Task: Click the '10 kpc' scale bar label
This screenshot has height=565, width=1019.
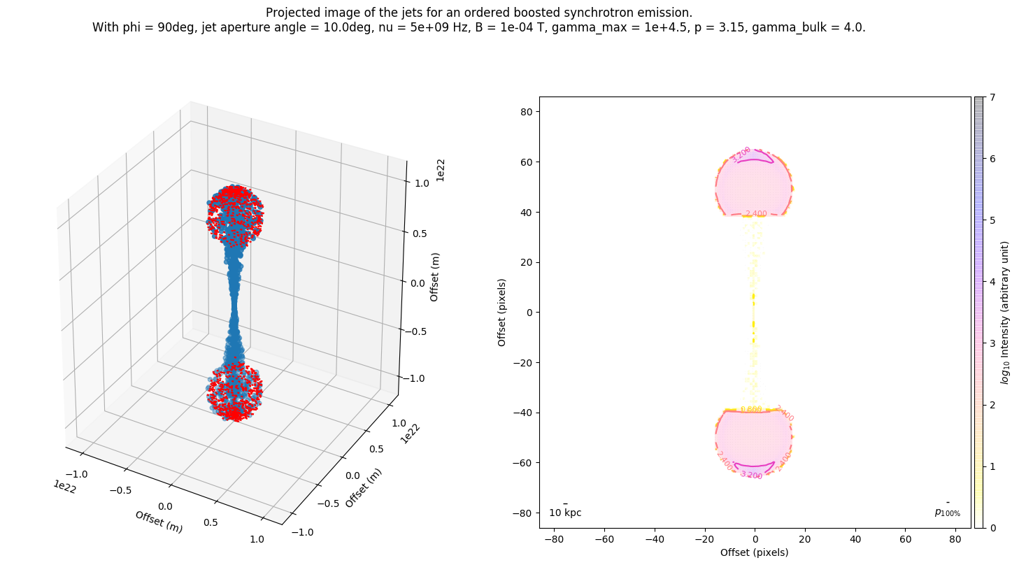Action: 565,513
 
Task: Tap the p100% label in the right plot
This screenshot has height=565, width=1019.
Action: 947,513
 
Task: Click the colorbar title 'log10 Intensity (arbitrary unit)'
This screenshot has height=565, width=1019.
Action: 1005,313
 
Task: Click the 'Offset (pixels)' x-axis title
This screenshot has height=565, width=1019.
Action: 754,552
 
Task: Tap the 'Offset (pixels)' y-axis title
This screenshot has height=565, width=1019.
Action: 501,313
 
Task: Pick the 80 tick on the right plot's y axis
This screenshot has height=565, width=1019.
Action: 526,112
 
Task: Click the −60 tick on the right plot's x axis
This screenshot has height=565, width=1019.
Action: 604,540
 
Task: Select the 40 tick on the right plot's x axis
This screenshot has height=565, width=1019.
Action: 855,540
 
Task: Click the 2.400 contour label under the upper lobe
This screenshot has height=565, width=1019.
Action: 756,214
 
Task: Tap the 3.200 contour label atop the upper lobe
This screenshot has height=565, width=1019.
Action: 741,154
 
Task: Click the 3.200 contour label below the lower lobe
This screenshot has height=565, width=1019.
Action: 751,475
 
